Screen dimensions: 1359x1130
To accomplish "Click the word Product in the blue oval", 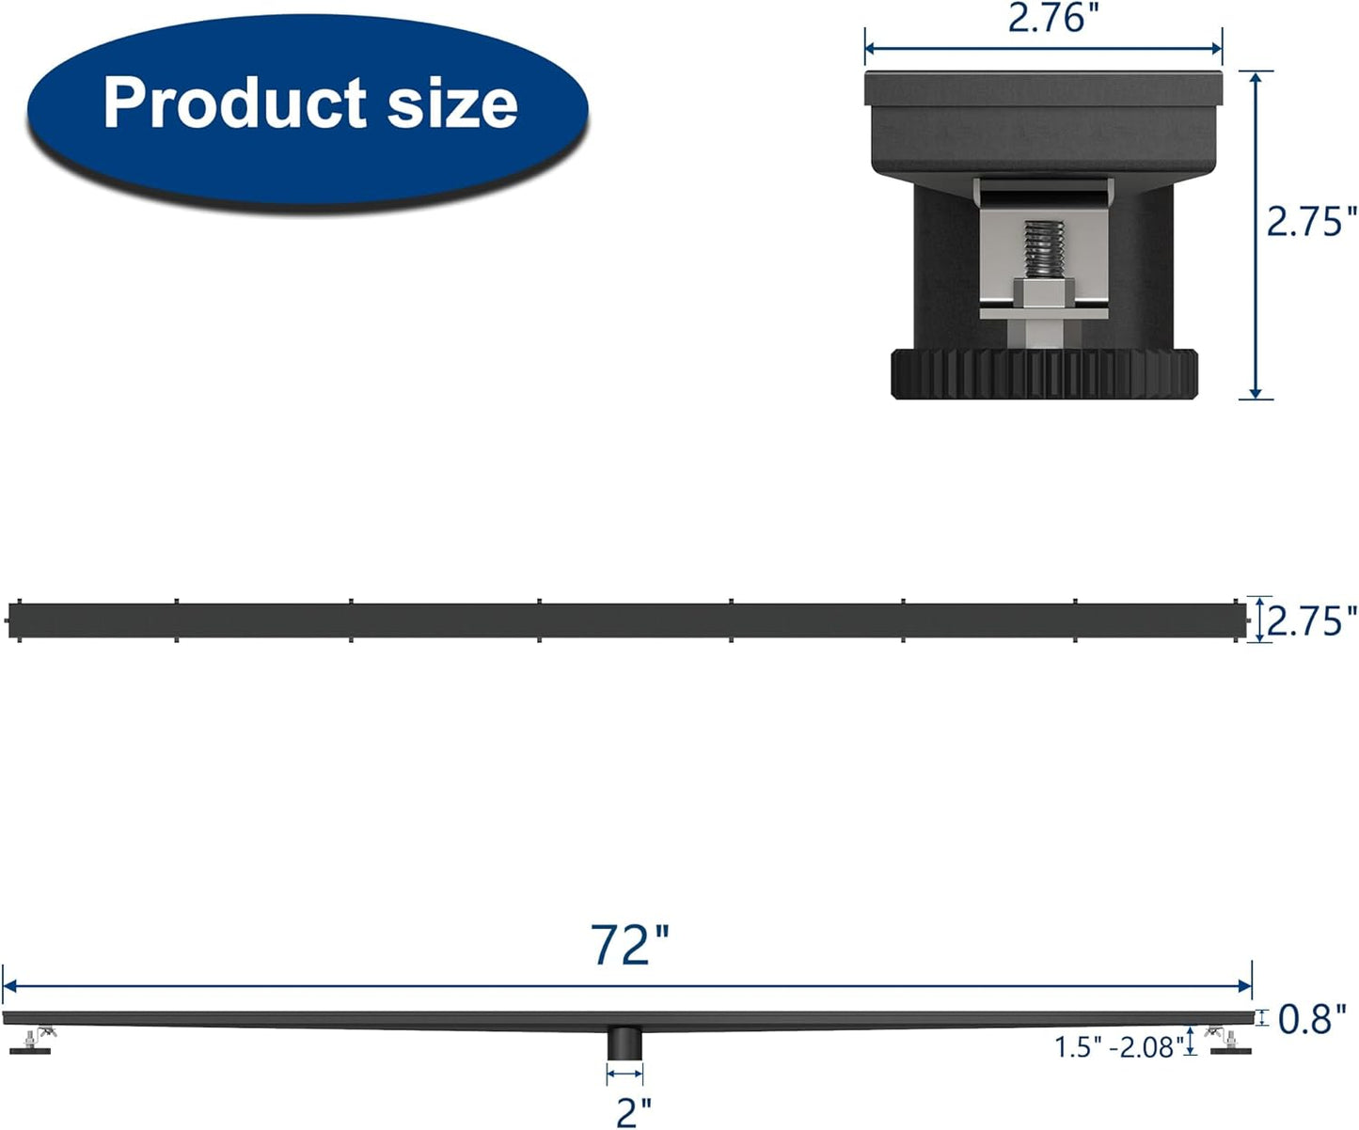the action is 235,102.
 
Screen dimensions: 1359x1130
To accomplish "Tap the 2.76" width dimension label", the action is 1048,18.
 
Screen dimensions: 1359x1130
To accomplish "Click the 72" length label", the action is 629,945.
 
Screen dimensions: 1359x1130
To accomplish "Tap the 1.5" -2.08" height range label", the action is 1118,1047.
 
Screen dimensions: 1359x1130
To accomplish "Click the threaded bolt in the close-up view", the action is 1043,250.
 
